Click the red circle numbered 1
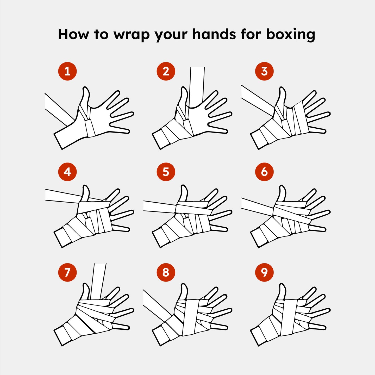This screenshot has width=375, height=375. click(x=67, y=71)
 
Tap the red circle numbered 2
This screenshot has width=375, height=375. click(x=166, y=71)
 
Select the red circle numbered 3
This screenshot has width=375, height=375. click(x=264, y=71)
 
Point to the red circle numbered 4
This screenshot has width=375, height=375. click(x=67, y=172)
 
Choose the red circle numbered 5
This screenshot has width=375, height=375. click(x=166, y=172)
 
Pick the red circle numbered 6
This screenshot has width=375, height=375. click(x=264, y=172)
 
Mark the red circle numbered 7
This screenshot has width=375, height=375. click(x=67, y=272)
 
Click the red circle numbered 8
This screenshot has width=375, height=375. click(x=166, y=272)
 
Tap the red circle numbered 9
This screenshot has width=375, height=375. click(x=264, y=272)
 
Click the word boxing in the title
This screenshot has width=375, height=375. click(x=291, y=35)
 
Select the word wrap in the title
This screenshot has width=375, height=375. click(x=132, y=36)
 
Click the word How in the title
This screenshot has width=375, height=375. click(x=73, y=34)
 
